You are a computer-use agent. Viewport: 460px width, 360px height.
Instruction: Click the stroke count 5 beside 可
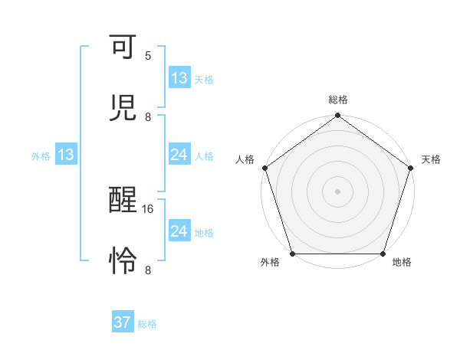148,56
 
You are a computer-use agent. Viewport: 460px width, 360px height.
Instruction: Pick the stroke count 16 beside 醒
149,208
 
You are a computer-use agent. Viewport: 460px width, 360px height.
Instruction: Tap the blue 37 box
123,323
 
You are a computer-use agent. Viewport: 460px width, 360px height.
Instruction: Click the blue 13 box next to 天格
179,78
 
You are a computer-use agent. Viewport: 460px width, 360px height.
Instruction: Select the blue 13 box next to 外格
65,155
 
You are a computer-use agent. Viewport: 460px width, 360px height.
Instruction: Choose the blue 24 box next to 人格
179,155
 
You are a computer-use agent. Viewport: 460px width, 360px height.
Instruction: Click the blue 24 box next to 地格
179,231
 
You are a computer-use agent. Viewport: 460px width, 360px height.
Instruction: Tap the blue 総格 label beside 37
147,324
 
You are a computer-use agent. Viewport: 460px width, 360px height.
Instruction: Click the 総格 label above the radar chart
338,100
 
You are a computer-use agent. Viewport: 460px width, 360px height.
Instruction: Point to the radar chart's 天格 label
431,159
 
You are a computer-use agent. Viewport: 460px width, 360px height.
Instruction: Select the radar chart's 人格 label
245,159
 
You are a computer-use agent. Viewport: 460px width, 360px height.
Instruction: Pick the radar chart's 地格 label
402,263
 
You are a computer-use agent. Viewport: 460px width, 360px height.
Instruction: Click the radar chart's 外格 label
270,263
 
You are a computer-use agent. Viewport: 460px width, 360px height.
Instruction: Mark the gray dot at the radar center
338,191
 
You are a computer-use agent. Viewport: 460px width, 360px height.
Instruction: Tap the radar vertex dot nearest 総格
338,116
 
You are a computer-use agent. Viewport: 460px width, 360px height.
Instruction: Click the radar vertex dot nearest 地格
383,254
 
